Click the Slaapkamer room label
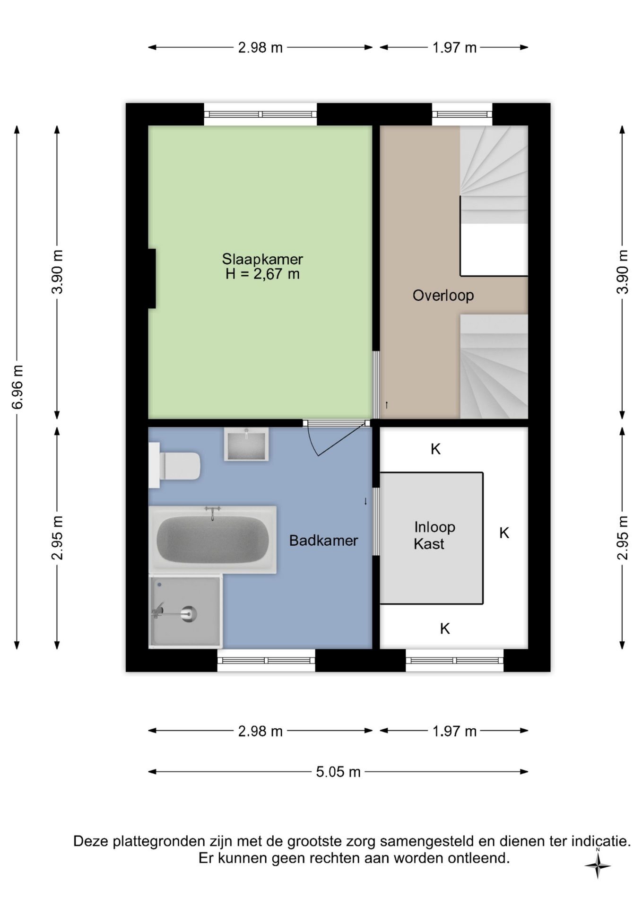click(x=262, y=259)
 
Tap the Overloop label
click(x=443, y=296)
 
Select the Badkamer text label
click(x=323, y=541)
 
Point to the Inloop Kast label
click(x=434, y=535)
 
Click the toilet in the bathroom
click(x=174, y=465)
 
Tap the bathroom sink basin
click(x=246, y=445)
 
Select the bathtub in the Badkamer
click(x=213, y=540)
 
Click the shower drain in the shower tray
click(x=189, y=614)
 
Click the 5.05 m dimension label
click(x=338, y=772)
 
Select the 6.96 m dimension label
click(x=17, y=387)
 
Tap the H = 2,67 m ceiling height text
click(x=262, y=274)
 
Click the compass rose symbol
click(x=598, y=866)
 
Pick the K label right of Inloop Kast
click(x=504, y=533)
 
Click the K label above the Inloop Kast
click(x=435, y=449)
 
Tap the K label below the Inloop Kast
click(x=445, y=629)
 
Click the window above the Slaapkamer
click(x=260, y=114)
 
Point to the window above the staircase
click(x=462, y=114)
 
